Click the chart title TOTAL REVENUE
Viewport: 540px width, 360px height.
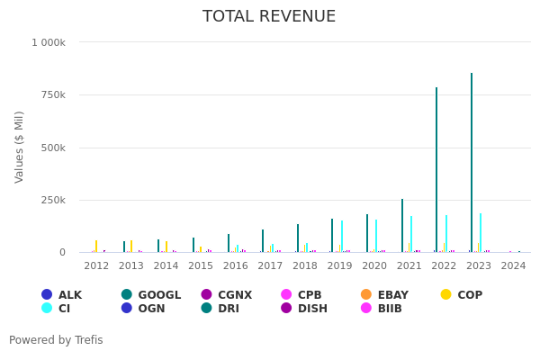click(x=269, y=16)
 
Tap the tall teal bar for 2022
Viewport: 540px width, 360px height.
click(x=436, y=171)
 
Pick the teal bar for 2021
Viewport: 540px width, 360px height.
click(x=402, y=226)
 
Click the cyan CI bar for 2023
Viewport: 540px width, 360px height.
click(x=481, y=233)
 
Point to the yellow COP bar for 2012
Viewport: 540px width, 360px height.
click(x=96, y=247)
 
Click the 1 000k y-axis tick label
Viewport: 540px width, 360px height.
click(x=49, y=42)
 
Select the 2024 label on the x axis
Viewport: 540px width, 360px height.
click(x=513, y=266)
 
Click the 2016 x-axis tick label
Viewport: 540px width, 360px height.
click(x=235, y=266)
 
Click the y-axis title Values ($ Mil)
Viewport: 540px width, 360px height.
click(x=20, y=147)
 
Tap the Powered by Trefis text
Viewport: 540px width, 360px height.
click(x=56, y=340)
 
